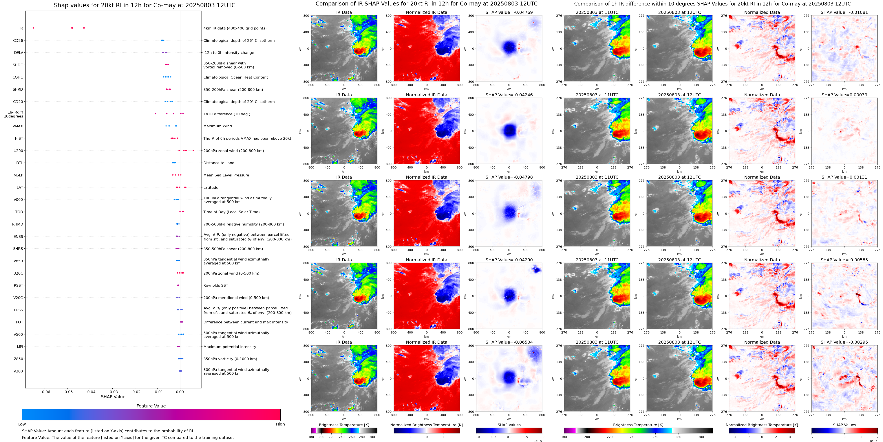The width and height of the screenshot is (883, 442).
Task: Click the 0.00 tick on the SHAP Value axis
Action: tap(180, 392)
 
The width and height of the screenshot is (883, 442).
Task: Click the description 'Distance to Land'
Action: tap(219, 163)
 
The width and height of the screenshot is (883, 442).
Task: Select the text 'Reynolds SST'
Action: tap(216, 285)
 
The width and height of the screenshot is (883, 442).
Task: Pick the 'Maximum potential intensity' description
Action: tap(230, 347)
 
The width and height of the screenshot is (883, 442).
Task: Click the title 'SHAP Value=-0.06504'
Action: tap(509, 342)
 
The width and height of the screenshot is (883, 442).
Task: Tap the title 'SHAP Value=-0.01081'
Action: tap(844, 12)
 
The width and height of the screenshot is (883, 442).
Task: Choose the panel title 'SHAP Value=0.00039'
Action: tap(844, 95)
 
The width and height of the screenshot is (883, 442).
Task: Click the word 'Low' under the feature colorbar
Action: tap(22, 424)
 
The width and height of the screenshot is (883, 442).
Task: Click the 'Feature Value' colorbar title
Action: tap(151, 406)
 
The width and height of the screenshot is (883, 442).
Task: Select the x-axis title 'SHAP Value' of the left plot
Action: tap(113, 397)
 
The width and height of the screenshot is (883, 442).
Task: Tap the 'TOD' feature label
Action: tap(19, 212)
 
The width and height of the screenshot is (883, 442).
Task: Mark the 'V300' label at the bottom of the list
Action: tap(18, 371)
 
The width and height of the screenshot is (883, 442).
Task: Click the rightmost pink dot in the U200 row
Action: tap(193, 150)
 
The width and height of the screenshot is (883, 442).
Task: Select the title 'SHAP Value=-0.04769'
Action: tap(509, 12)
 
